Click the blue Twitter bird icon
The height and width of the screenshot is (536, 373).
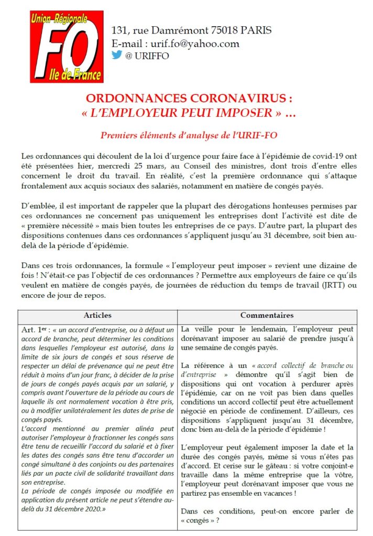click(116, 55)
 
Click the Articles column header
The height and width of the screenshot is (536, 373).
click(97, 316)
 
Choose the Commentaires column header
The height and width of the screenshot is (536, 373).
click(267, 316)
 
